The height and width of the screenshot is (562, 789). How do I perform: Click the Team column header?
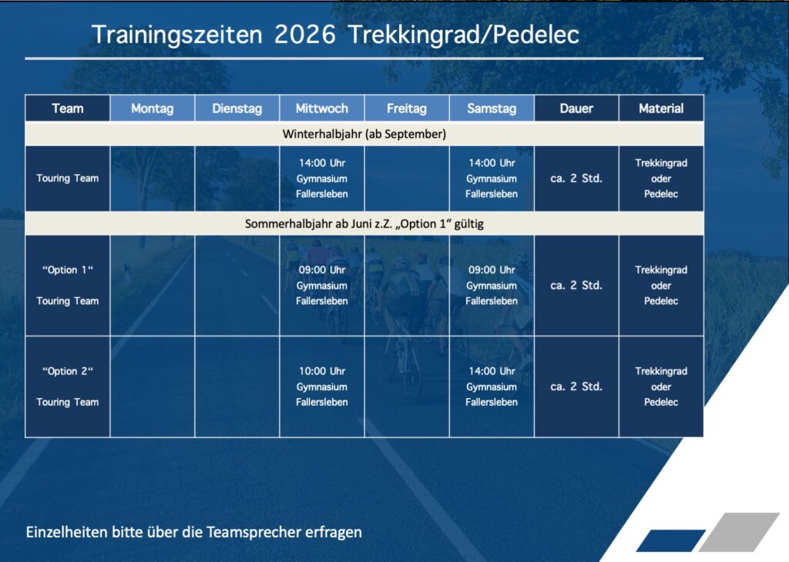pyautogui.click(x=68, y=108)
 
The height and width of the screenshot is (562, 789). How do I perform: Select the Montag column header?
pyautogui.click(x=153, y=108)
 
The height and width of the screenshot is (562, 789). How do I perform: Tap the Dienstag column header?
pyautogui.click(x=237, y=108)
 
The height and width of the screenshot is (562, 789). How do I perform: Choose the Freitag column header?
pyautogui.click(x=407, y=108)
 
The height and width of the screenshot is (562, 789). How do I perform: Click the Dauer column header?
pyautogui.click(x=576, y=108)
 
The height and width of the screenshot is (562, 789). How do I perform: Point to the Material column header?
pyautogui.click(x=661, y=108)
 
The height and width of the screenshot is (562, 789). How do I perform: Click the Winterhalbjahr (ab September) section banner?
pyautogui.click(x=364, y=134)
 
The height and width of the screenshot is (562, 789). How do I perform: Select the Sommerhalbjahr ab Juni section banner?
pyautogui.click(x=364, y=224)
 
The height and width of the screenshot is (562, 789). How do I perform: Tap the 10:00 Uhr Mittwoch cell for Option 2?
pyautogui.click(x=322, y=386)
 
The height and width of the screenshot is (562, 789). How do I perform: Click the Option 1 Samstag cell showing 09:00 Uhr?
pyautogui.click(x=492, y=286)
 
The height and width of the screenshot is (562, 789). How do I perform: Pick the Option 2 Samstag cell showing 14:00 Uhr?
pyautogui.click(x=492, y=386)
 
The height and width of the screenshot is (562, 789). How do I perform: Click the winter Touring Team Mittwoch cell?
pyautogui.click(x=322, y=179)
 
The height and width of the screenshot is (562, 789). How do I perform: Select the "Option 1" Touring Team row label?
pyautogui.click(x=68, y=286)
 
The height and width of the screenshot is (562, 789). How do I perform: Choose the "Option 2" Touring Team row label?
pyautogui.click(x=68, y=386)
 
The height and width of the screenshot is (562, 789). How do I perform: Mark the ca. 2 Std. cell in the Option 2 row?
pyautogui.click(x=576, y=386)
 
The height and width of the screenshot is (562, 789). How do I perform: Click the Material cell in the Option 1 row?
pyautogui.click(x=661, y=286)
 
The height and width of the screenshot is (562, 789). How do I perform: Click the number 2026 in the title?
pyautogui.click(x=305, y=35)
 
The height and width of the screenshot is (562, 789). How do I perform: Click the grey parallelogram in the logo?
pyautogui.click(x=739, y=532)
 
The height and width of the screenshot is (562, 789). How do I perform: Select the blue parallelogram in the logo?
pyautogui.click(x=671, y=541)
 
